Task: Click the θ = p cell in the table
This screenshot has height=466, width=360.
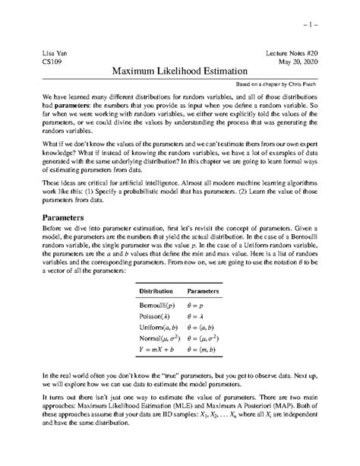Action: tap(198, 306)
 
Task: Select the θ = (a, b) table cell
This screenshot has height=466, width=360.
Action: tap(204, 331)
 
